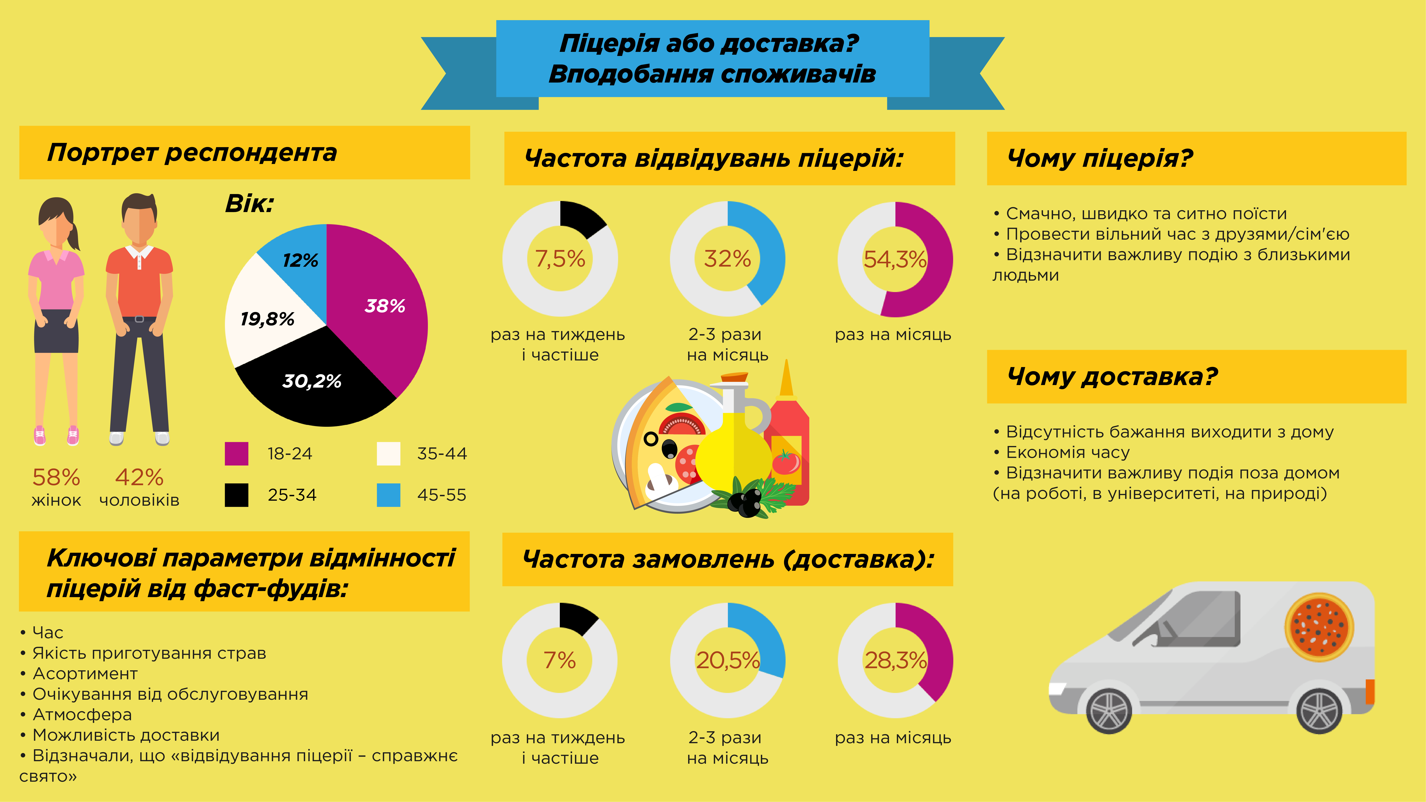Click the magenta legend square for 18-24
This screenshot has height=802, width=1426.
pyautogui.click(x=236, y=453)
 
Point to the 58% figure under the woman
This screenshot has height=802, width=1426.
pyautogui.click(x=56, y=477)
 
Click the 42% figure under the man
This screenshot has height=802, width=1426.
pyautogui.click(x=139, y=477)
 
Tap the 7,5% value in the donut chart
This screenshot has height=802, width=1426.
pyautogui.click(x=560, y=259)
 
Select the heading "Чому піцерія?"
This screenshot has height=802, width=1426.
pyautogui.click(x=1100, y=158)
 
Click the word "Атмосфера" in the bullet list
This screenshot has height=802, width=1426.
pyautogui.click(x=82, y=715)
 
